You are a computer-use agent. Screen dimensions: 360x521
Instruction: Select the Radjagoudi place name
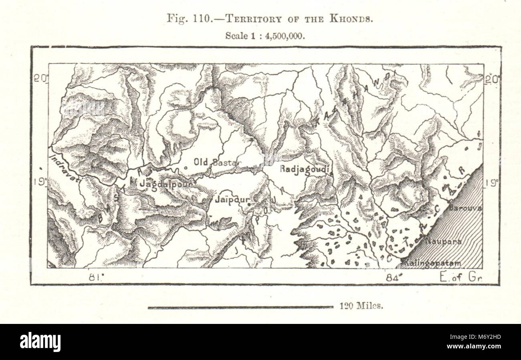click(x=305, y=169)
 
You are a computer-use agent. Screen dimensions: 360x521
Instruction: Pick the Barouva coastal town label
click(x=465, y=208)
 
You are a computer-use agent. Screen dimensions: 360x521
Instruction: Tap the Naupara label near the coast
click(x=444, y=242)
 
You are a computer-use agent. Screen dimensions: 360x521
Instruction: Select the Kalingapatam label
click(x=432, y=263)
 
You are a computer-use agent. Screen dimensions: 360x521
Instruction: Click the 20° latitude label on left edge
click(x=40, y=78)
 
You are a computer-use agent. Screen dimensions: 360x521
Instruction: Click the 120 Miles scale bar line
click(x=240, y=307)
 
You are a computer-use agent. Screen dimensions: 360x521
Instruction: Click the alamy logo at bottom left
click(x=40, y=342)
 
